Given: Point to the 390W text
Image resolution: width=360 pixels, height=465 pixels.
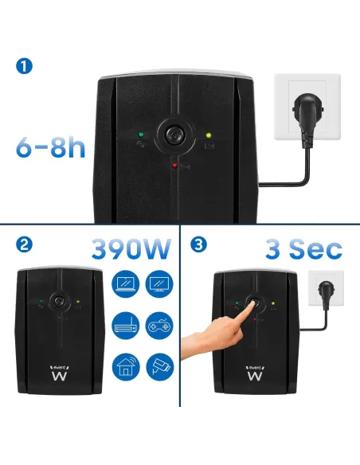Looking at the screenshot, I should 131,248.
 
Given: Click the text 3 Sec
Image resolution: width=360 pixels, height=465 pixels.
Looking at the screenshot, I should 304,248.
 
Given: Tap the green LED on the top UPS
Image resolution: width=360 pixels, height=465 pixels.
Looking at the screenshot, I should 140,135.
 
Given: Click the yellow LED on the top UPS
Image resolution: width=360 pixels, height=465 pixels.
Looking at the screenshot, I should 209,135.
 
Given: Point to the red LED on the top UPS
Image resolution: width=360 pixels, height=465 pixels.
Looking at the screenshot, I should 174,165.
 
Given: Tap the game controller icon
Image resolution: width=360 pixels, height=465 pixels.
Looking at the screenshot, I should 160,325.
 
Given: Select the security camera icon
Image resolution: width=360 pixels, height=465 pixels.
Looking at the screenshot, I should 160,367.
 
